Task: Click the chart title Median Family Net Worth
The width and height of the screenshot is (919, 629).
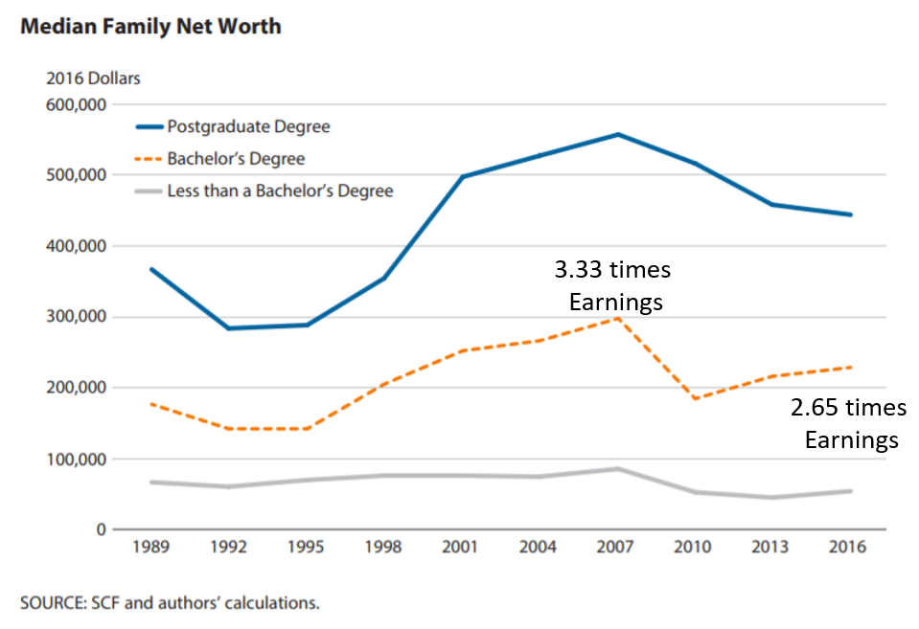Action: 150,26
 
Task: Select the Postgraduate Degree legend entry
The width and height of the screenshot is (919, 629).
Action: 248,126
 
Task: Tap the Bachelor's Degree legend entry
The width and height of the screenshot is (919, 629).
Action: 236,158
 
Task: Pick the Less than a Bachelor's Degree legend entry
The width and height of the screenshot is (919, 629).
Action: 280,191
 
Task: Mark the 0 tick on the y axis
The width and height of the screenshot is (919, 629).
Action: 99,529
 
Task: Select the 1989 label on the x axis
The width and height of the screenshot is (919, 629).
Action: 150,548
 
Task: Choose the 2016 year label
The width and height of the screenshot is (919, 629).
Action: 848,548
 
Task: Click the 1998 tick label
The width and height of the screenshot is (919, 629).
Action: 383,548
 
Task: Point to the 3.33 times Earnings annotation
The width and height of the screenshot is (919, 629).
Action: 613,286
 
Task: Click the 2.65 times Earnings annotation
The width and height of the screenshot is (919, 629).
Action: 849,424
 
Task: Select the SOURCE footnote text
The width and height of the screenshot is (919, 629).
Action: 170,603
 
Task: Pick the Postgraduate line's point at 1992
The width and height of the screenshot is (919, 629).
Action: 228,328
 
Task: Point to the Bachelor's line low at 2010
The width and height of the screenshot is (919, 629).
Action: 694,398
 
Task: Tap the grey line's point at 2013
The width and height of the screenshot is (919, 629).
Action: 771,498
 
